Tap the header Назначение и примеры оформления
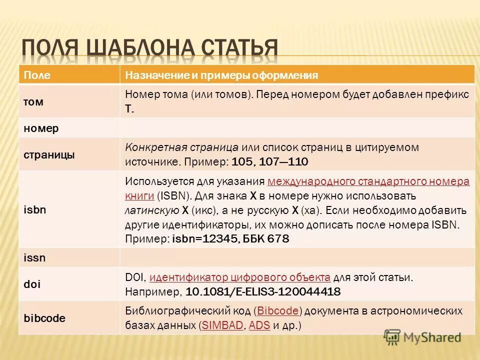click(221, 75)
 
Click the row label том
click(33, 101)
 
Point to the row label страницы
click(49, 155)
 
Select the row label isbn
click(35, 209)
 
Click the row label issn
click(34, 258)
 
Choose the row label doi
click(32, 284)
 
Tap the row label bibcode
click(44, 318)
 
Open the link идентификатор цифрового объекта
click(240, 277)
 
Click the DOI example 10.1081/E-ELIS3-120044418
click(263, 291)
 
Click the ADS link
click(259, 325)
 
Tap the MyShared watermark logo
click(422, 337)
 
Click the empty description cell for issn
click(297, 258)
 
